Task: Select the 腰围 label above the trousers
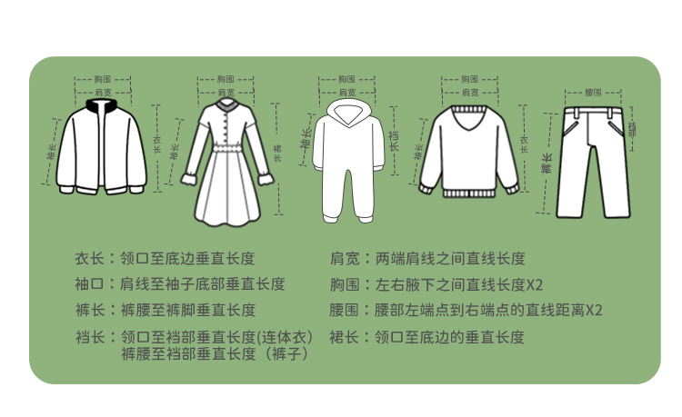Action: [x=593, y=93]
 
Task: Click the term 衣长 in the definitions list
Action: [x=90, y=259]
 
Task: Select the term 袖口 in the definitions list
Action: [x=90, y=284]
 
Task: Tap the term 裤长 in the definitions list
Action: [x=90, y=310]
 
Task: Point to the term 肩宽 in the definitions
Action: [x=344, y=259]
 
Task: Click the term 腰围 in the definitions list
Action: [x=344, y=310]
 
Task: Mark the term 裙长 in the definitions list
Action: [x=344, y=337]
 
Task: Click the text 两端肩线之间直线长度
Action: [x=449, y=259]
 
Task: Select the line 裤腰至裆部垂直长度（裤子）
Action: [x=215, y=354]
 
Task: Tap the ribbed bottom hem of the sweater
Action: [x=468, y=192]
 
